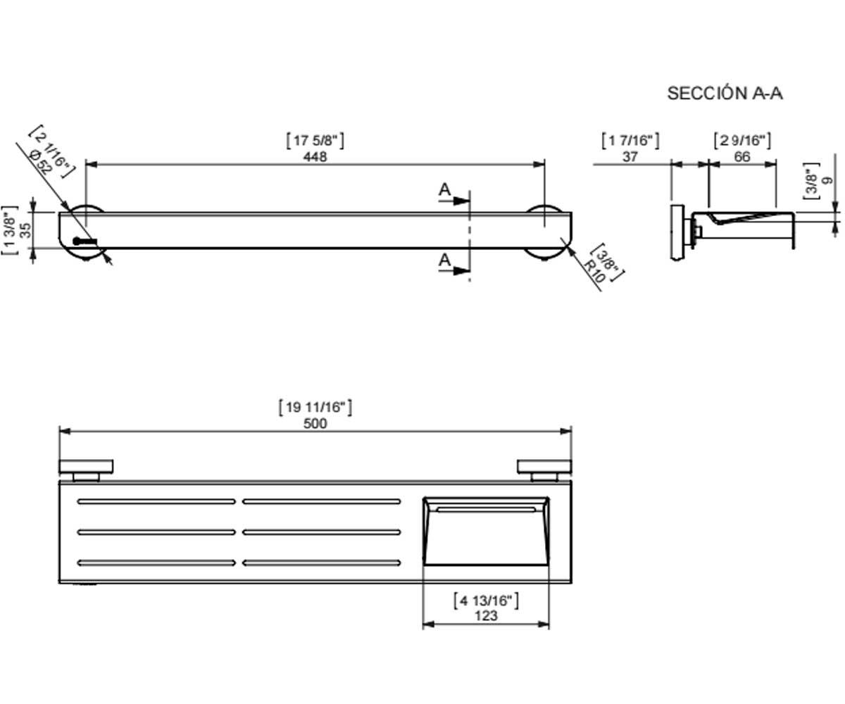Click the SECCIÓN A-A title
725,94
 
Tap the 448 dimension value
315,156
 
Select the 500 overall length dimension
315,423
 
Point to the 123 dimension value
486,615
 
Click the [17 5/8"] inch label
315,140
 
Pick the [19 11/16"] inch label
315,407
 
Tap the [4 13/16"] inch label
486,601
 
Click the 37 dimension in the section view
630,156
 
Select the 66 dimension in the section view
741,156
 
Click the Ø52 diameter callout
41,161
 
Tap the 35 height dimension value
25,230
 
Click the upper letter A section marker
444,189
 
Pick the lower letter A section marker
444,260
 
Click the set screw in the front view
84,241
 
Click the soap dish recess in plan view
486,531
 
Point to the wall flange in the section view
677,232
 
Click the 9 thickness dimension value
827,180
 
